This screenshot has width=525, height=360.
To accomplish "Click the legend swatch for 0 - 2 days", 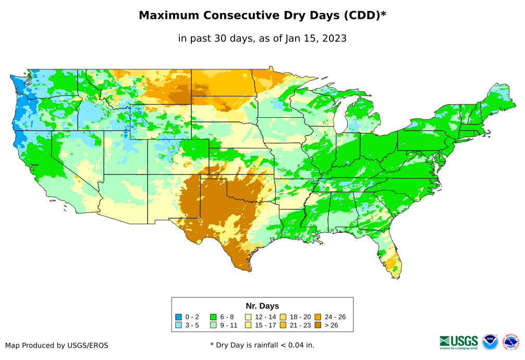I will (x=179, y=317).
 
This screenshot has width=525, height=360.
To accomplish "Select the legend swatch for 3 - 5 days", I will (x=179, y=325).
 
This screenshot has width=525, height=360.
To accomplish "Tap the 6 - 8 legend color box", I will (x=213, y=317).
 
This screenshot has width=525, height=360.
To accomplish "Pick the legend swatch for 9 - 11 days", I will (x=213, y=325).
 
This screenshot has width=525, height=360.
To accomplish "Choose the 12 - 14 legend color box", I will (x=248, y=317).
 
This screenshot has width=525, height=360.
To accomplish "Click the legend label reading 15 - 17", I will (x=265, y=325).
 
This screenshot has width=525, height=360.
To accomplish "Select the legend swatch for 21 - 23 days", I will (x=283, y=325).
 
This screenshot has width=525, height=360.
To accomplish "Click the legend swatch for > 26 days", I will (x=318, y=325).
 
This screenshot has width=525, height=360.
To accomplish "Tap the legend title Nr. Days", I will (x=262, y=306).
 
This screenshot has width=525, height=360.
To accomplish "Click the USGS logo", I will (x=459, y=342).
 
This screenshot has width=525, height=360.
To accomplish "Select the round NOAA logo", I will (x=490, y=342).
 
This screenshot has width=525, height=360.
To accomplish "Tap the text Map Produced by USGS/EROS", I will (x=57, y=345).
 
